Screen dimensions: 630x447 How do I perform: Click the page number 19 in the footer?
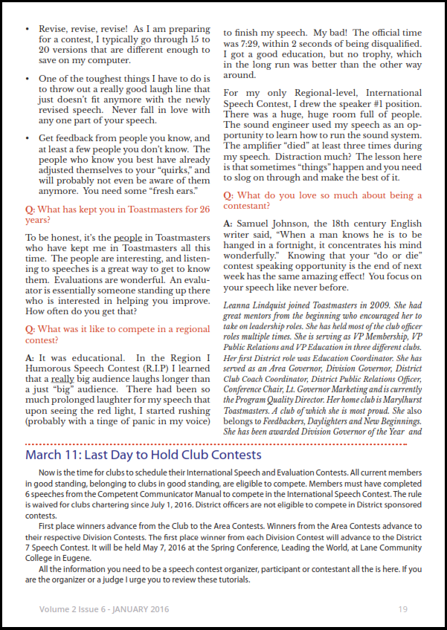402,609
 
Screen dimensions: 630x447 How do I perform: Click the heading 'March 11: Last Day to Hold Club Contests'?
144,454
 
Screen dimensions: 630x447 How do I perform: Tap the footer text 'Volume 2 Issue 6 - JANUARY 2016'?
104,609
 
